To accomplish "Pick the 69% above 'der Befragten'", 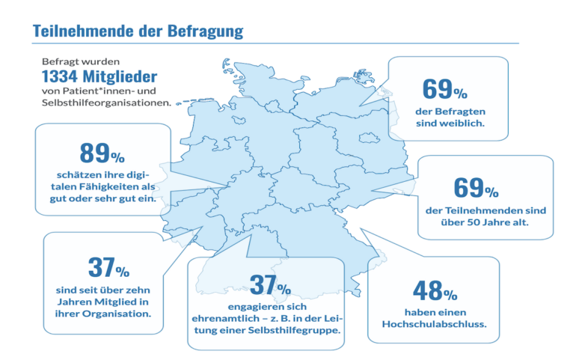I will coord(445,91).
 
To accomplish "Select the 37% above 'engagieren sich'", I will coord(268,284).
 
